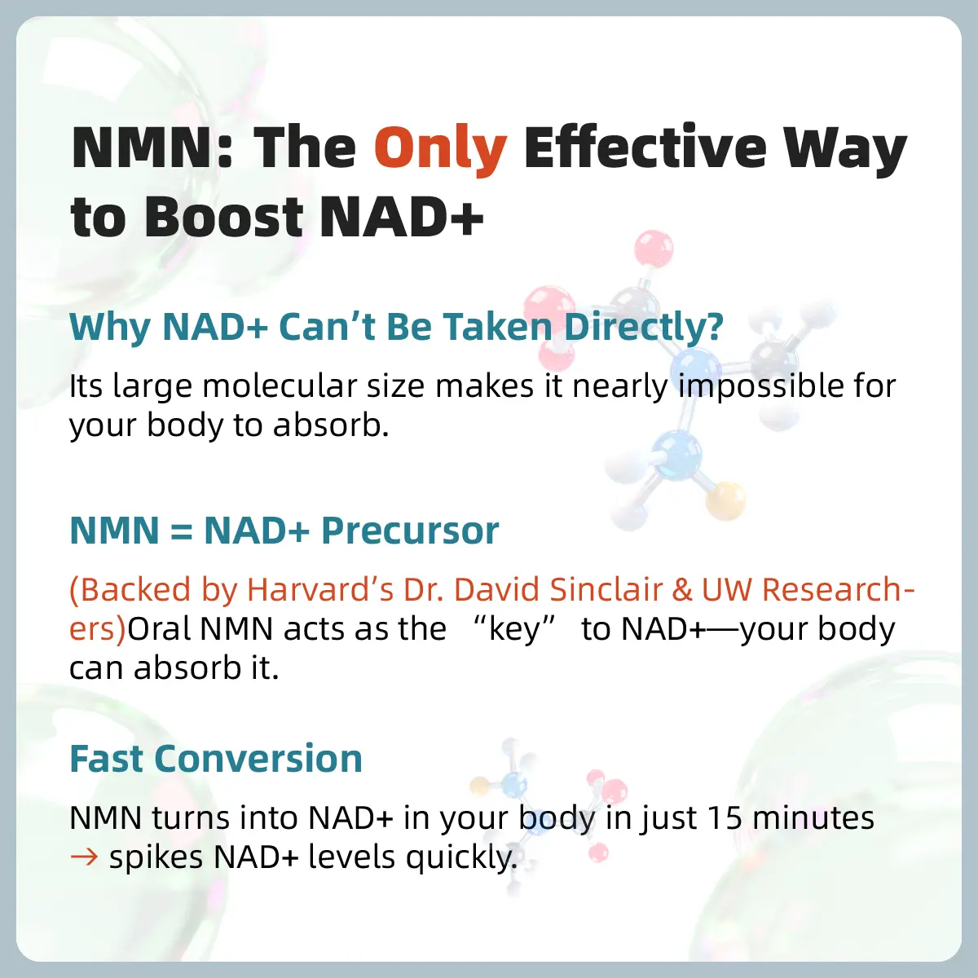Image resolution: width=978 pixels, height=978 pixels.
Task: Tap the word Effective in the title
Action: (x=645, y=148)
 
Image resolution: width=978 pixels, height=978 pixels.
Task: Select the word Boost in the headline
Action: (x=224, y=218)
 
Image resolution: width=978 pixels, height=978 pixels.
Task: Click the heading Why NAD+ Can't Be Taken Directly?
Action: (x=396, y=328)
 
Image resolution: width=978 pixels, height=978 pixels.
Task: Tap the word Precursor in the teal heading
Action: (x=410, y=531)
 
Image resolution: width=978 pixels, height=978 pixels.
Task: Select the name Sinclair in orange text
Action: (x=606, y=590)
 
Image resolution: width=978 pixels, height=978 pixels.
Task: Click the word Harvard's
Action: (x=320, y=590)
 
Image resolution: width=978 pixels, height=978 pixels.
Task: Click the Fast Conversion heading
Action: (x=216, y=759)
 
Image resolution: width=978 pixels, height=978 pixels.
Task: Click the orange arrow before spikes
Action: (x=84, y=857)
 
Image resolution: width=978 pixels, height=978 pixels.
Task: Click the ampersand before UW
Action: (x=683, y=590)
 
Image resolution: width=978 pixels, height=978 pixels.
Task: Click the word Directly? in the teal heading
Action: (x=643, y=328)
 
